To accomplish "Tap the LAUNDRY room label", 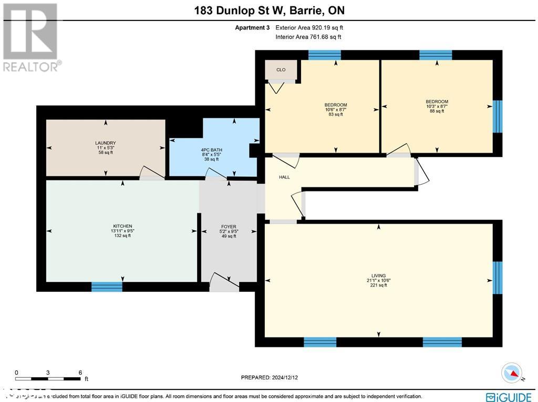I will point(106,143).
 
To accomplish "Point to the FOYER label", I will point(228,227).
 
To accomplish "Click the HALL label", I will point(284,177).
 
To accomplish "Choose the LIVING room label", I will point(378,276).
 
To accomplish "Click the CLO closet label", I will point(281,70).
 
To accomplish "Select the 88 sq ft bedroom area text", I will point(437,111).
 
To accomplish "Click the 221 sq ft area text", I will point(378,285).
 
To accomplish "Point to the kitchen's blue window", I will point(107,287).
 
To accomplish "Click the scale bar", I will point(48,378).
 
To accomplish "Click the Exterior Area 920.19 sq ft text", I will point(309,27).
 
